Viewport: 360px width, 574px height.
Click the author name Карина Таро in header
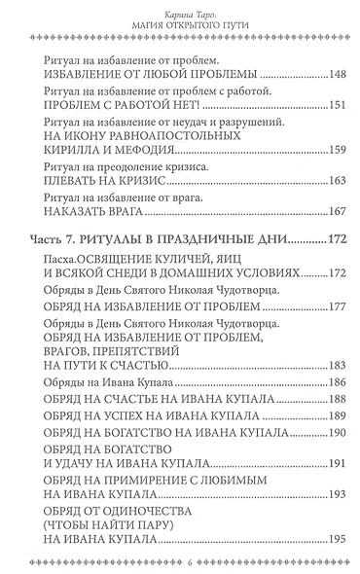180,12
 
